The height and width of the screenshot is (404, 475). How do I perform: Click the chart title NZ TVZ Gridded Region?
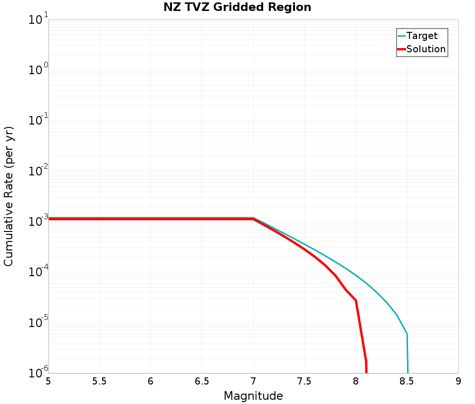237,7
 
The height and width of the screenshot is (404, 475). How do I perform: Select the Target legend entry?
422,36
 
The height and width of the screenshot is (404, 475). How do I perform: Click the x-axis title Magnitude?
253,395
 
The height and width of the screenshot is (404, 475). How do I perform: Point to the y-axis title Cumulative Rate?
9,196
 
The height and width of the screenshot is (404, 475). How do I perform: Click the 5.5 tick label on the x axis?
99,381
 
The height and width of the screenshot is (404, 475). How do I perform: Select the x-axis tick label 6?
151,381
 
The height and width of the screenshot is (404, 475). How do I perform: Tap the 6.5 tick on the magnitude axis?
202,381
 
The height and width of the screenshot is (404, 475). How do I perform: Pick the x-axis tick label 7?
253,381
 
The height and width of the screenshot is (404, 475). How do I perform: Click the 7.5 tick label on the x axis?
304,381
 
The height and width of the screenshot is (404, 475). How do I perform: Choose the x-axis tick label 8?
356,381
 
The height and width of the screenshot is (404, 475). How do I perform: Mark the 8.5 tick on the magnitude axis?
407,381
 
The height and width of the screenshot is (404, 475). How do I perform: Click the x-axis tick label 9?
458,381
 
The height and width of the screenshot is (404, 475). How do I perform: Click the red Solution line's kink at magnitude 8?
356,300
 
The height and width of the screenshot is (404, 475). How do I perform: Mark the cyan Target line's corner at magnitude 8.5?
407,334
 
